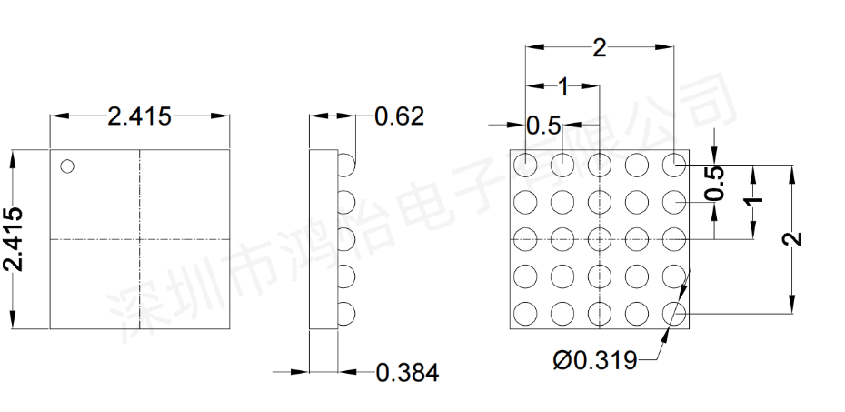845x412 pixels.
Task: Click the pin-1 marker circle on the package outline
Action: tap(67, 166)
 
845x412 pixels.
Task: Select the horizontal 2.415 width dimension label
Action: tap(140, 116)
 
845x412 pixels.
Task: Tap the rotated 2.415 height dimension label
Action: tap(13, 238)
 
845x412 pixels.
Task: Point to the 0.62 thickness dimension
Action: tap(399, 116)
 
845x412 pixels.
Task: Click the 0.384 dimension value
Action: tap(407, 373)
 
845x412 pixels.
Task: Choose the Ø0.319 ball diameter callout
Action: tap(595, 360)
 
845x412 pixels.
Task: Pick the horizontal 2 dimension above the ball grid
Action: tap(600, 48)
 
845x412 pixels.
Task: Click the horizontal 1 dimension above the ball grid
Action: tap(563, 86)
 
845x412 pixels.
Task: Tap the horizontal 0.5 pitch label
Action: tap(543, 126)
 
